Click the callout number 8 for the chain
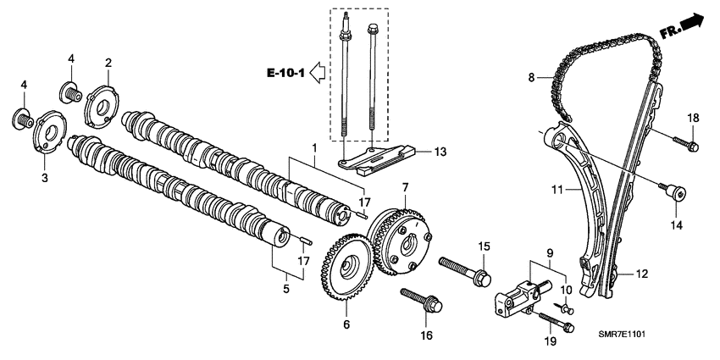[532, 78]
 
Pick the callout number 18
[693, 118]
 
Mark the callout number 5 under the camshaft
[285, 289]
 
